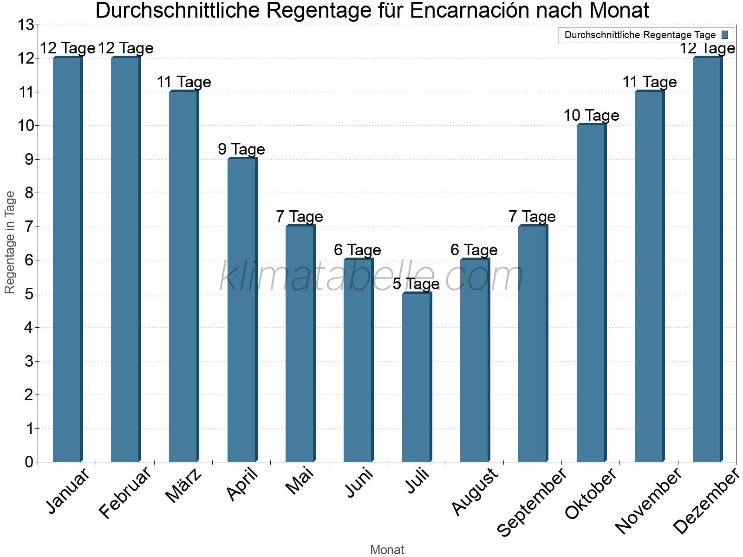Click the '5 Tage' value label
pyautogui.click(x=416, y=284)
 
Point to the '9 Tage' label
pyautogui.click(x=241, y=149)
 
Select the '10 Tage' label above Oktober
pyautogui.click(x=591, y=115)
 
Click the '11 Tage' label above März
pyautogui.click(x=184, y=82)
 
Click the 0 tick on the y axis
pyautogui.click(x=29, y=462)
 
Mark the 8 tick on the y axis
pyautogui.click(x=29, y=193)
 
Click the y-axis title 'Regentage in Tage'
pyautogui.click(x=10, y=242)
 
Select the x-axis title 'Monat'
pyautogui.click(x=387, y=550)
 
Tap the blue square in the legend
pyautogui.click(x=725, y=35)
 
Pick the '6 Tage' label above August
pyautogui.click(x=474, y=250)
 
